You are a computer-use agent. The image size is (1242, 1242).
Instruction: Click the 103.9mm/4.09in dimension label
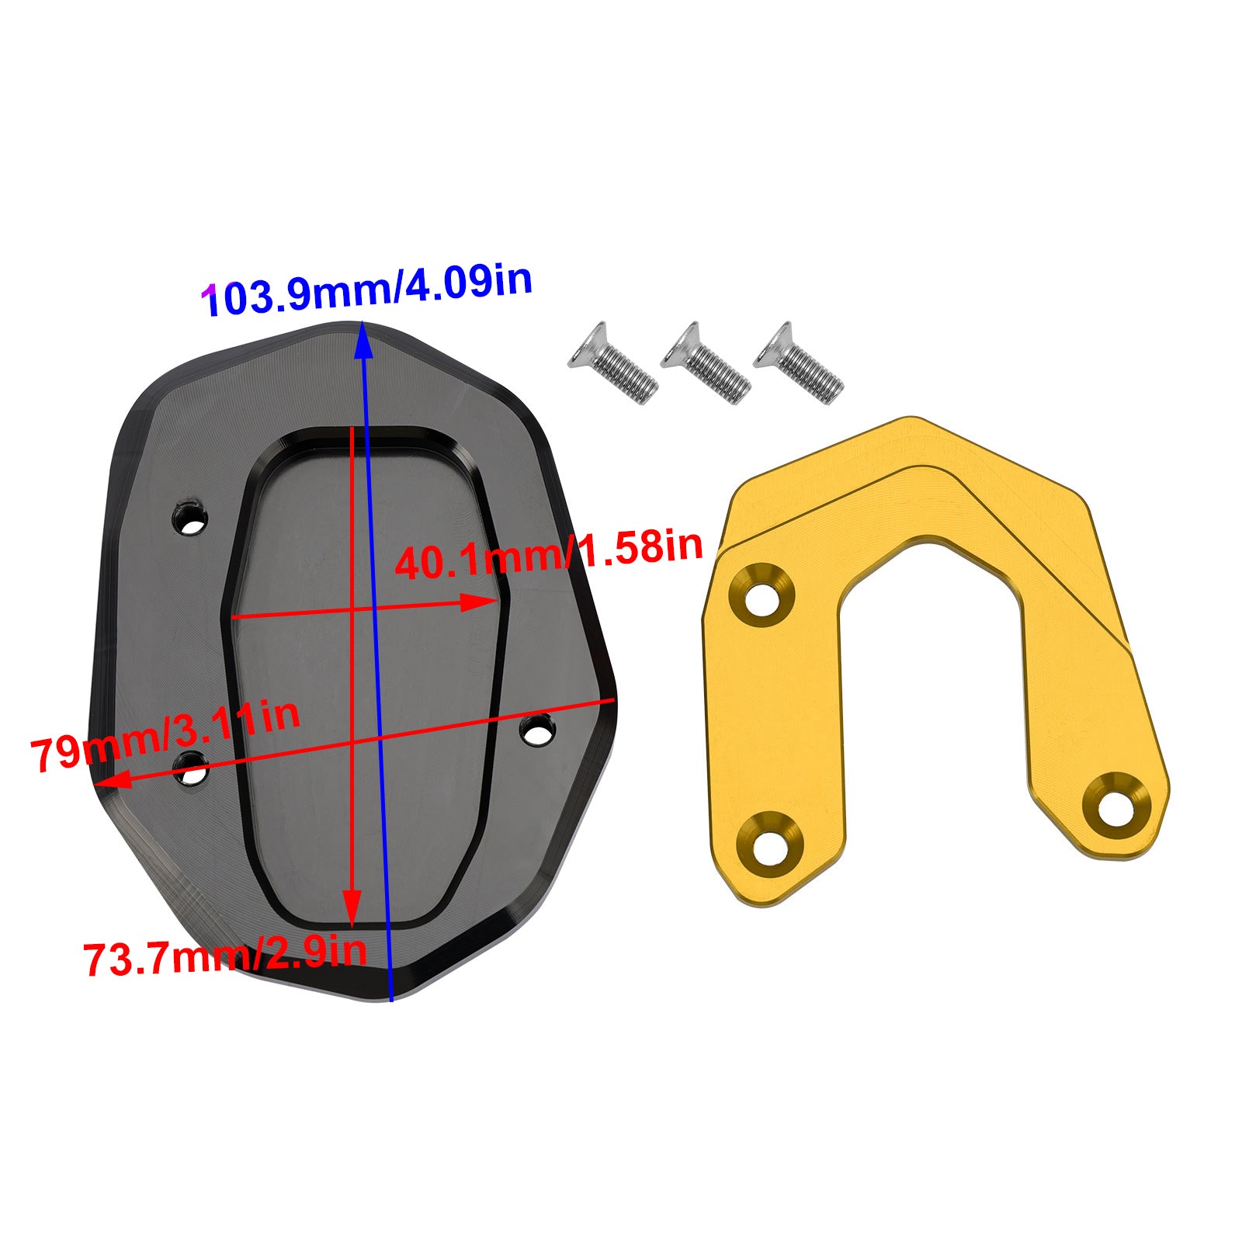(x=366, y=289)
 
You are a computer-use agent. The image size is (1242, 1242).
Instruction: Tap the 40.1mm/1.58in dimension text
(x=548, y=553)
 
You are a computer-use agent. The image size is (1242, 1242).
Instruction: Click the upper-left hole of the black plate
(x=190, y=519)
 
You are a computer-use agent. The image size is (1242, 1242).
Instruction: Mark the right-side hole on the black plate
(x=537, y=730)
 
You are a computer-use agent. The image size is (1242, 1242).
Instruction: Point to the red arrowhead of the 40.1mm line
(x=481, y=601)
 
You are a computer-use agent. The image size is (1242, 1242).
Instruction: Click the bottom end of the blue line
(x=390, y=999)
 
